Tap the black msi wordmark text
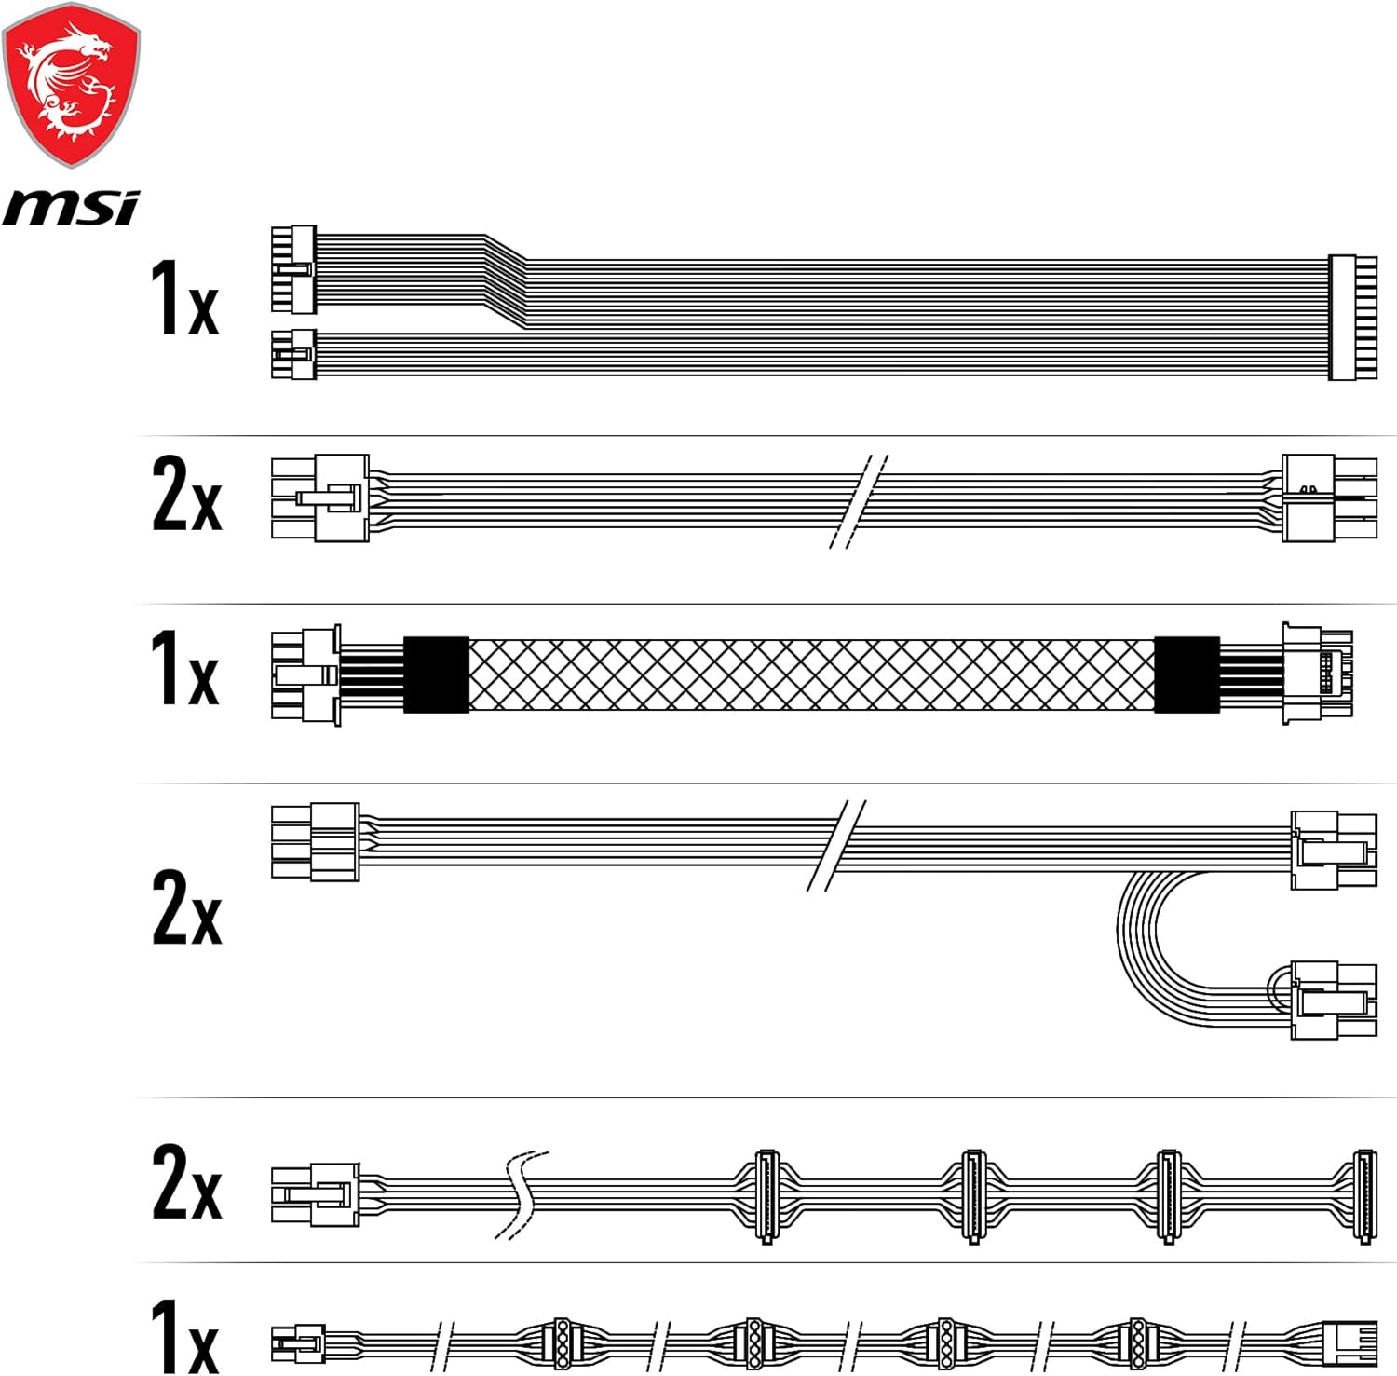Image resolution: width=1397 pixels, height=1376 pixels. [x=71, y=207]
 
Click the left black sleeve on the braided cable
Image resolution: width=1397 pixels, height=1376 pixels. [x=436, y=674]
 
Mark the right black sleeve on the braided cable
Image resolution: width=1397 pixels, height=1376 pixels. [x=1187, y=674]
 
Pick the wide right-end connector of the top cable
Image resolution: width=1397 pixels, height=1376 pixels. [x=1352, y=317]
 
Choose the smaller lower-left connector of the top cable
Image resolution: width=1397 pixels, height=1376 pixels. [x=293, y=354]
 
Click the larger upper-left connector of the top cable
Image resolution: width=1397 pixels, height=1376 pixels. [x=293, y=269]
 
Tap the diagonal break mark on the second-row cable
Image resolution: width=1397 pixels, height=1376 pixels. [x=859, y=501]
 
